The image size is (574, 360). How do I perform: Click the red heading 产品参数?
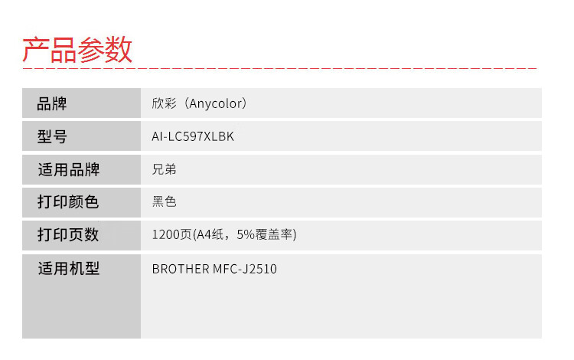click(77, 50)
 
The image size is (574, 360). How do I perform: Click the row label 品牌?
click(52, 103)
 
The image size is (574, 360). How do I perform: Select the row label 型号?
click(52, 136)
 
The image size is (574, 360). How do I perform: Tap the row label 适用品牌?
click(68, 169)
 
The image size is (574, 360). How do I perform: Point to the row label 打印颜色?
click(68, 201)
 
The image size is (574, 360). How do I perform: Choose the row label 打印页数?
click(68, 234)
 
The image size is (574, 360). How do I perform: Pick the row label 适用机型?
click(68, 268)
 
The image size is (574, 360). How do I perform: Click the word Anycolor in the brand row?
click(215, 103)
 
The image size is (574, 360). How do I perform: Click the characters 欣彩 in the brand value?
click(164, 103)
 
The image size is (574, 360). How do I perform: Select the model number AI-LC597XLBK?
click(193, 136)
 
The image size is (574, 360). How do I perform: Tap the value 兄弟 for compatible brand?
click(164, 169)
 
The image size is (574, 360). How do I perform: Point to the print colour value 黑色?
click(164, 201)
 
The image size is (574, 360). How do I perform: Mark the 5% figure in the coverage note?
click(246, 234)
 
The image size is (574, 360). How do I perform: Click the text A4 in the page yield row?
click(204, 234)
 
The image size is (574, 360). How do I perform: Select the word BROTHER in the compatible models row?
click(181, 269)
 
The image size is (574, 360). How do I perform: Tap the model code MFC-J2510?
click(245, 269)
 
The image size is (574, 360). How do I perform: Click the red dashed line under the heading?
click(279, 68)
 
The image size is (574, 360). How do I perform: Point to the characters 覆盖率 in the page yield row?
click(273, 234)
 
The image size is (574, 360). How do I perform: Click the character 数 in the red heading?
click(119, 50)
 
